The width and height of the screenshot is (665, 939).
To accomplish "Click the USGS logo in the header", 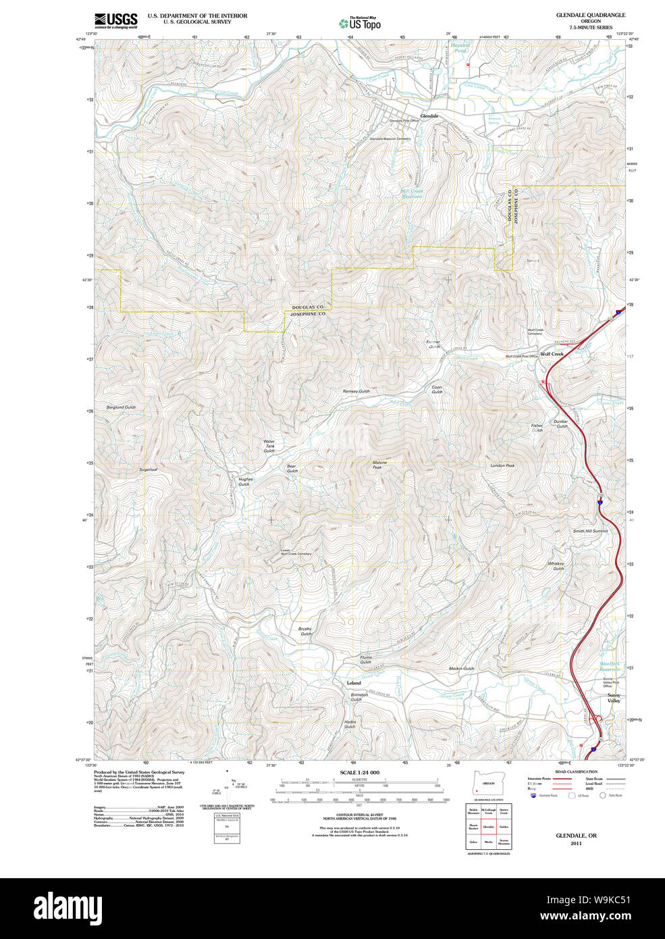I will coord(115,20).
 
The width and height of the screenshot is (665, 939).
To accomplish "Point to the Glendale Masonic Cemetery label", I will coord(390,138).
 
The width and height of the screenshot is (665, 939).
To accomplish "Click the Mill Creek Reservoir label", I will coord(412,193).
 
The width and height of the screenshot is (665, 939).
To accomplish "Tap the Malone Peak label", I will coord(379,465).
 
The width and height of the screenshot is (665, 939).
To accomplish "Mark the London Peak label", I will coord(502,465).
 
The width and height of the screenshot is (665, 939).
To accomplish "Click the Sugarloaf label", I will coord(148,469).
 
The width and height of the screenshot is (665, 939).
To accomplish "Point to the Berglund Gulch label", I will coord(121,407).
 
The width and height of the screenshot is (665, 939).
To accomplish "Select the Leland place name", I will coord(354,683).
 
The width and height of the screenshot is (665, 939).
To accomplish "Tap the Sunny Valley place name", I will coord(614,698).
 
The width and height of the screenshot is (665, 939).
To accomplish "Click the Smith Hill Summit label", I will coord(590,531).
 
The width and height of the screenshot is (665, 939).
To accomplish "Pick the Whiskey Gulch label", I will coord(556,566).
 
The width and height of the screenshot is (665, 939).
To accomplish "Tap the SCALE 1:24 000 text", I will coord(359,772).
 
